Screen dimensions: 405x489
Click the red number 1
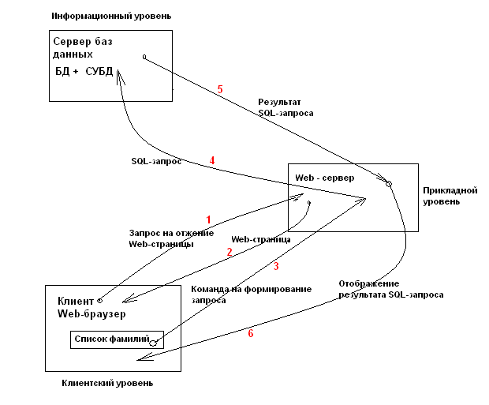pyautogui.click(x=208, y=219)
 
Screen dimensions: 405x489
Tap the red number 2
pyautogui.click(x=230, y=252)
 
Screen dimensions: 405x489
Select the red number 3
pyautogui.click(x=276, y=265)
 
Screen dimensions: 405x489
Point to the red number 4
pyautogui.click(x=212, y=160)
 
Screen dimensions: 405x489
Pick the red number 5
pyautogui.click(x=220, y=89)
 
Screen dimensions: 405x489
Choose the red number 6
pyautogui.click(x=251, y=333)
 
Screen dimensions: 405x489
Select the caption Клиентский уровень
pyautogui.click(x=107, y=383)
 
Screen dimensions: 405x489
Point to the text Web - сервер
pyautogui.click(x=324, y=177)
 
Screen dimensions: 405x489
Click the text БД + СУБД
pyautogui.click(x=83, y=72)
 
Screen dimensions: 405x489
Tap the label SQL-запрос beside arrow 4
pyautogui.click(x=156, y=160)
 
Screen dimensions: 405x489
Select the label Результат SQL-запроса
pyautogui.click(x=286, y=108)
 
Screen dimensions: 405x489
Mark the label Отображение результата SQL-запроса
pyautogui.click(x=391, y=289)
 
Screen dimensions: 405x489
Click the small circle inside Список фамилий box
pyautogui.click(x=155, y=342)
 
